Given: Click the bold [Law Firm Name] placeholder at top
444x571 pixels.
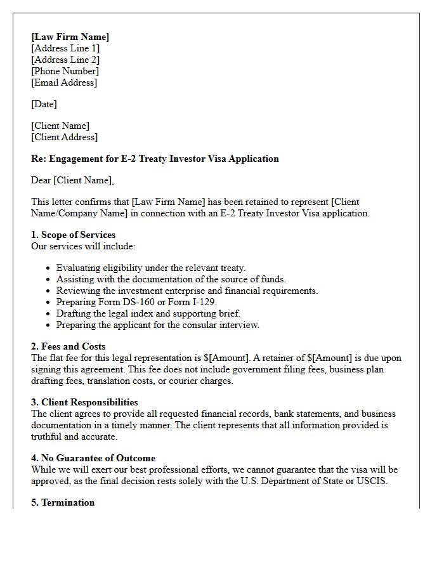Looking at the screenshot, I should (70, 37).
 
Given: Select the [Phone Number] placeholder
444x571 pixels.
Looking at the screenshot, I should (65, 71).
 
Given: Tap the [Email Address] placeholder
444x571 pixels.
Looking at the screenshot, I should (64, 82).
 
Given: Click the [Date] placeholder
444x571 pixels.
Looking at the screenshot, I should (44, 104).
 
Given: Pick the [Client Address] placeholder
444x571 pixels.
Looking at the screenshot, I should (64, 137).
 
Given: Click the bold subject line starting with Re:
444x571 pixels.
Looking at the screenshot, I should (155, 159).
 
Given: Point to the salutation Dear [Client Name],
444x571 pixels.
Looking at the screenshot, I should (72, 180).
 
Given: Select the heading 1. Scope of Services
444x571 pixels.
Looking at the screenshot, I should (73, 235).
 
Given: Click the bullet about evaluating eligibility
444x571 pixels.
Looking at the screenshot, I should (150, 268).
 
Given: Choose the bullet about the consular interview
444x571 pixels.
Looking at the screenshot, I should (157, 325).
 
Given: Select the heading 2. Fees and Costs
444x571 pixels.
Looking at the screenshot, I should (69, 346).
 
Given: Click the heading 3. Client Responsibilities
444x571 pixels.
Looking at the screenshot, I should (84, 402).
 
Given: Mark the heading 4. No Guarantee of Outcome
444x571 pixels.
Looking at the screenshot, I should (93, 458).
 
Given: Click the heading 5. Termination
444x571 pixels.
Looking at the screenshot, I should (63, 502).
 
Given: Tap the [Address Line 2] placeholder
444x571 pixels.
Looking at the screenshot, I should (65, 60).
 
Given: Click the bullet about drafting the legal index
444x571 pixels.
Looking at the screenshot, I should (148, 313).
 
